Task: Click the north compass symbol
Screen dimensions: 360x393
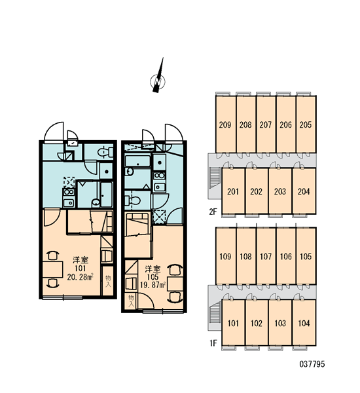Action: click(158, 80)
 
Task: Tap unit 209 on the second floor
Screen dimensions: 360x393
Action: click(226, 124)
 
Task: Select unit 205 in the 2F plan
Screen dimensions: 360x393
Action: click(306, 124)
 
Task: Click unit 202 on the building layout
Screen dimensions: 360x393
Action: click(257, 191)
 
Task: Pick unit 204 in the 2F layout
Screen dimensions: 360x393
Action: click(304, 191)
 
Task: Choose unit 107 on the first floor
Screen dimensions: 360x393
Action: click(266, 256)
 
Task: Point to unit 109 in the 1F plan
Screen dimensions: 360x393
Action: click(226, 256)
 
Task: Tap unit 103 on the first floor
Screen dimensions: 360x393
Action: click(280, 323)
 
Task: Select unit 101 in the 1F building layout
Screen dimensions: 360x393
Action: click(233, 323)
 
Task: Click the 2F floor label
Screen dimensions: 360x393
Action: click(213, 212)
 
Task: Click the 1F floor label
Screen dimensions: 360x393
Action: click(213, 343)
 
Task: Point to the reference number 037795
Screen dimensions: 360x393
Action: click(312, 364)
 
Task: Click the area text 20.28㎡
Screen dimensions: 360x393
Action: click(80, 277)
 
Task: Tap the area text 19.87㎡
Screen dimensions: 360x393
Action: click(153, 285)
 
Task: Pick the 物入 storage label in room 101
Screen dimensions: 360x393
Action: click(108, 281)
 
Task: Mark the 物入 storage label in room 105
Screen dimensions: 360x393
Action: click(131, 301)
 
